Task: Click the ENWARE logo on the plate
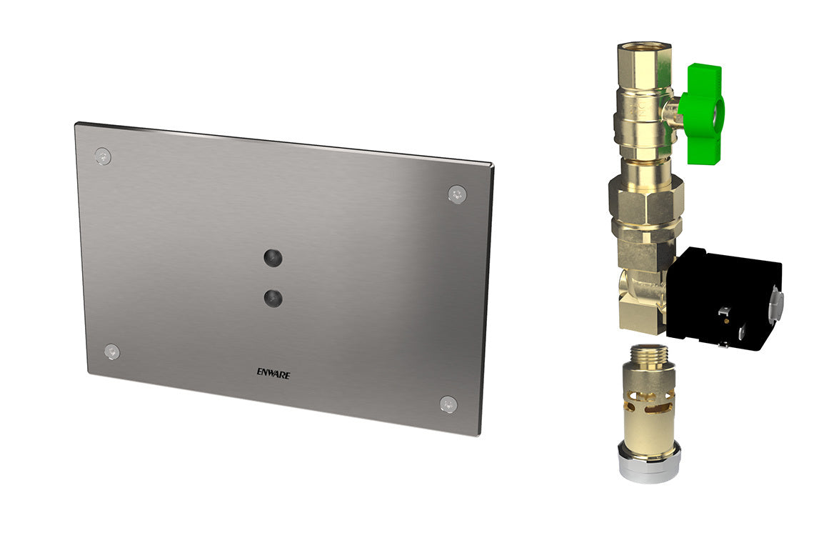click(273, 372)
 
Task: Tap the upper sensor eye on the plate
click(271, 257)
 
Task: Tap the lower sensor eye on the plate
click(271, 298)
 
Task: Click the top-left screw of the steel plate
click(103, 156)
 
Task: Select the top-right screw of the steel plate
click(456, 194)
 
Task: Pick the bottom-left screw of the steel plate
click(111, 352)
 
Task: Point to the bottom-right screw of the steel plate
click(448, 404)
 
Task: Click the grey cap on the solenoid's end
click(775, 304)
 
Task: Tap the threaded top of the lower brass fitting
click(648, 354)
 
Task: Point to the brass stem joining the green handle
click(671, 111)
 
